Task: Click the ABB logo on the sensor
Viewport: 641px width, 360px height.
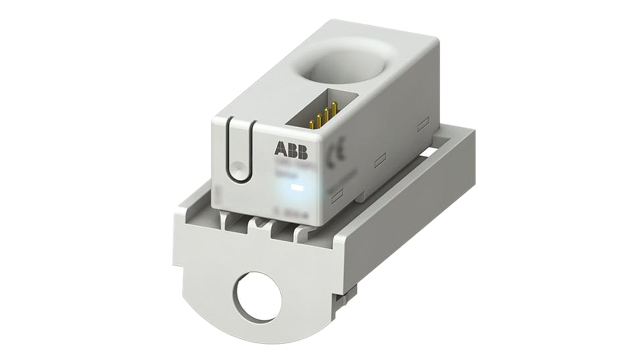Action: [x=290, y=151]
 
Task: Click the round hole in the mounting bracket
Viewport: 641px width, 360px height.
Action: [x=259, y=296]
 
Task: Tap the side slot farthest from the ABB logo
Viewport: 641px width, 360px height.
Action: [x=423, y=124]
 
